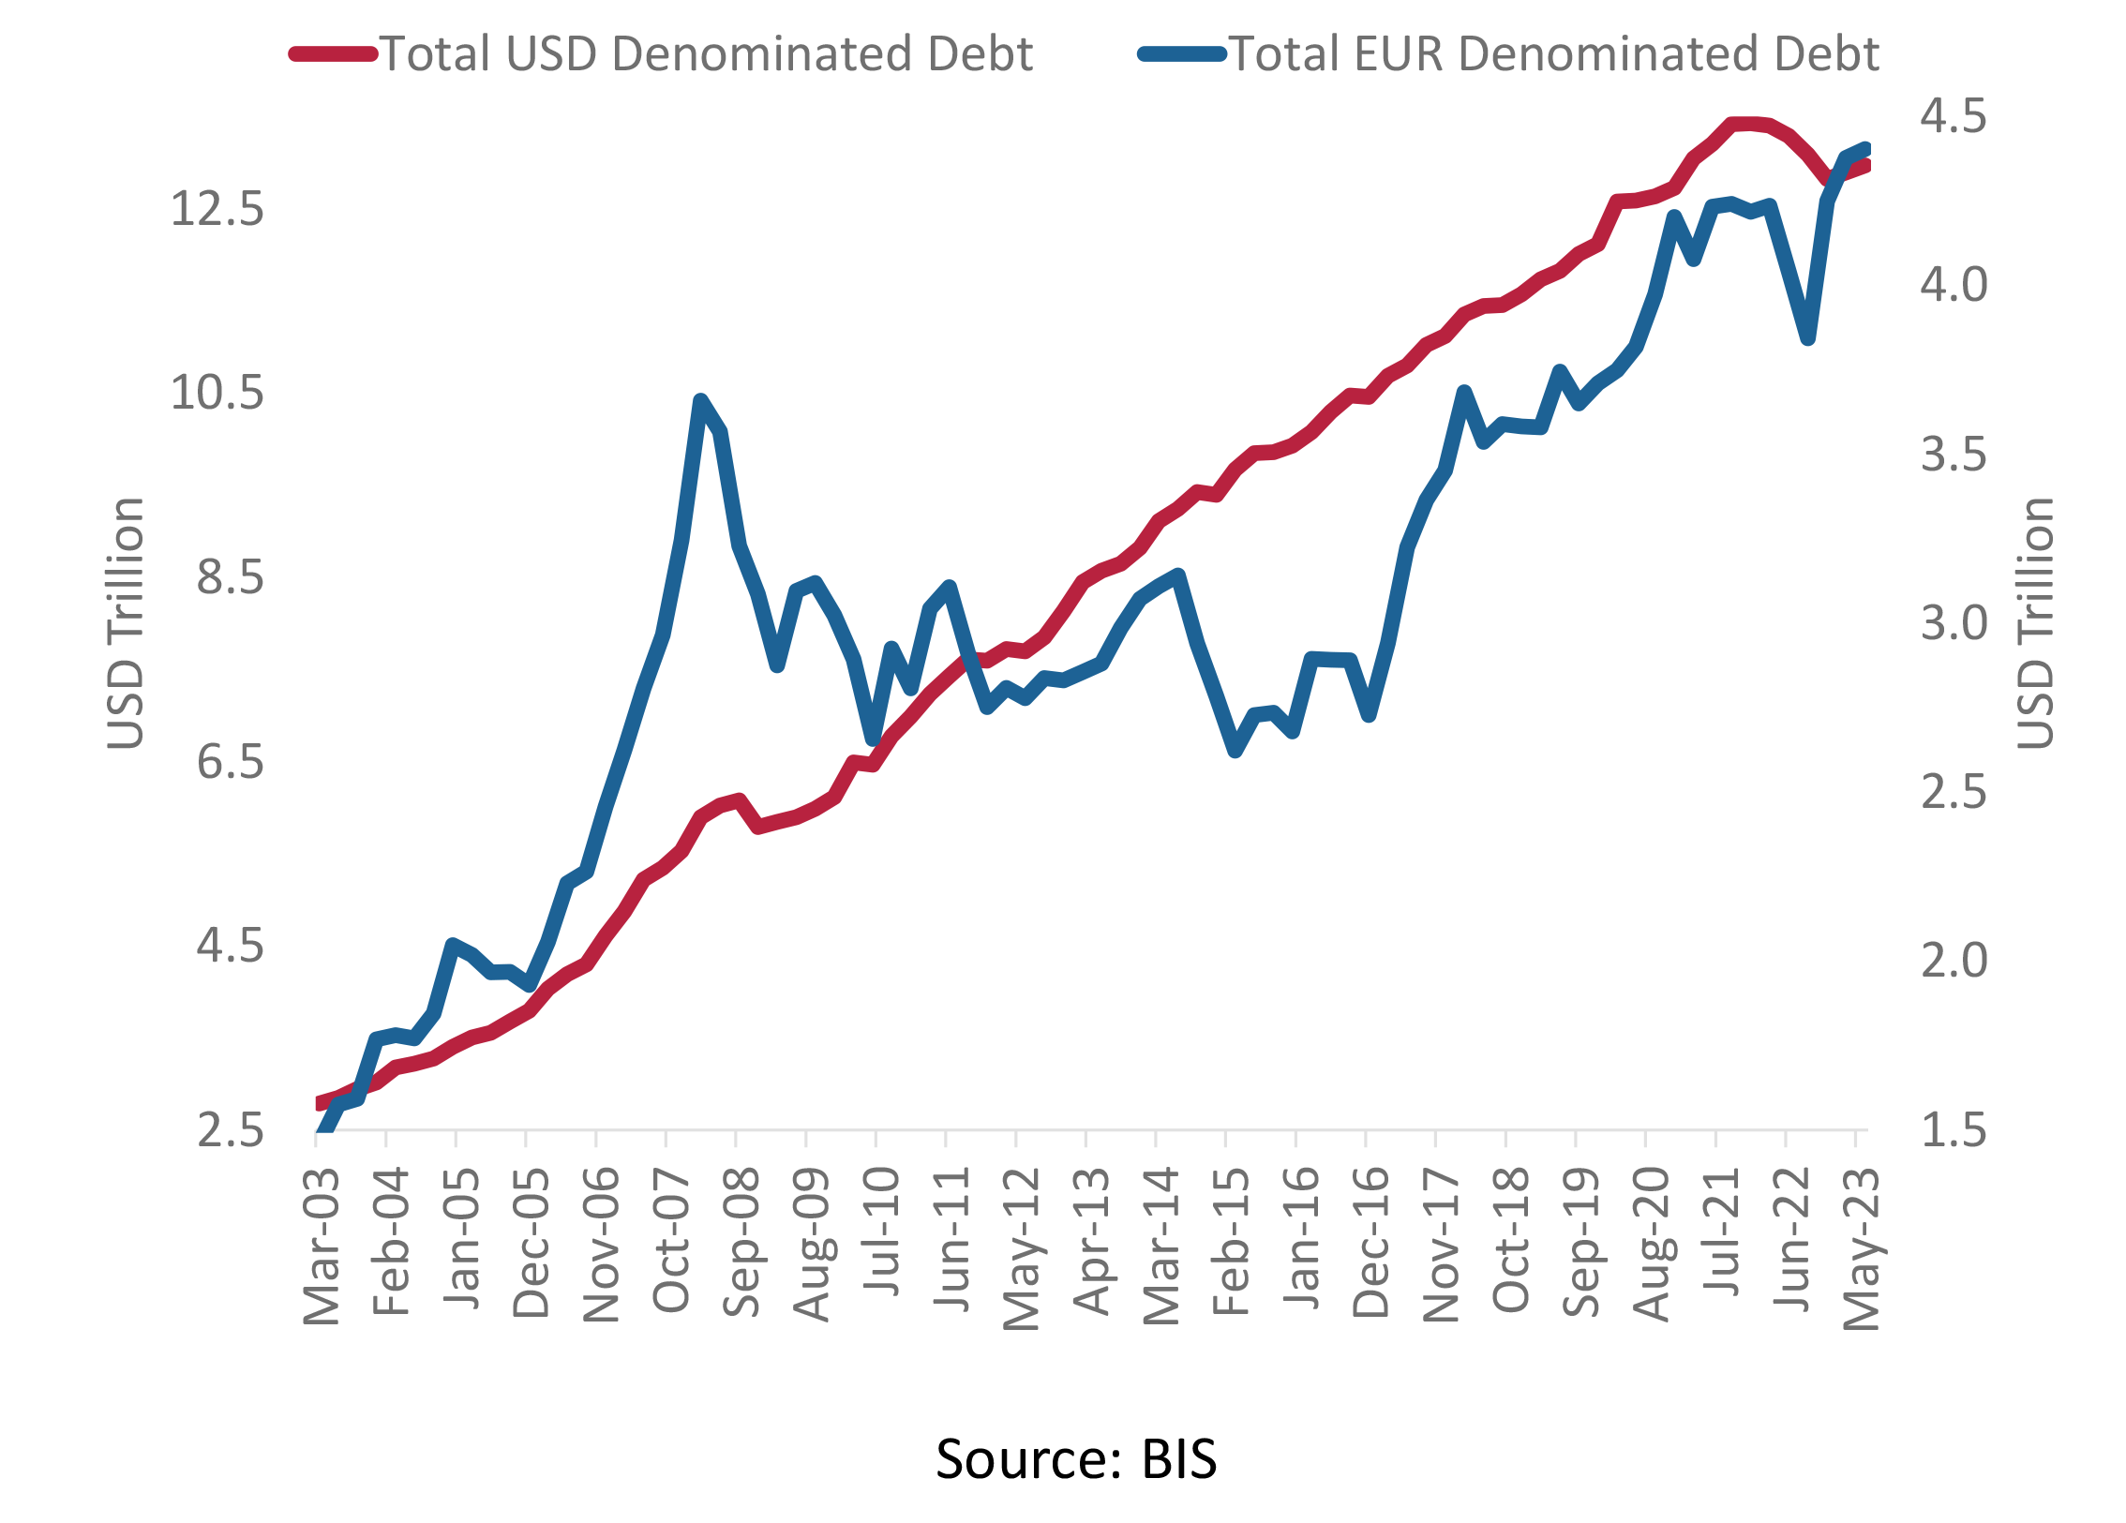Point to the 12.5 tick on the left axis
pos(217,208)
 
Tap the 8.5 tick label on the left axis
pos(231,577)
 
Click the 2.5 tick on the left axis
pos(231,1130)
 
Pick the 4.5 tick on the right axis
pos(1954,116)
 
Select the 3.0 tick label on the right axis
pos(1954,623)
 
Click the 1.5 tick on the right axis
pos(1954,1130)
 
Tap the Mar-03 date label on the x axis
pos(322,1247)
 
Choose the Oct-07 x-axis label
pos(671,1240)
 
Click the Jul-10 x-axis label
pos(881,1231)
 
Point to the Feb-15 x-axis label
pos(1231,1242)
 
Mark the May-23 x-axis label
pos(1861,1249)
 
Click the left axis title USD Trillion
pos(126,623)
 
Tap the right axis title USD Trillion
pos(2035,623)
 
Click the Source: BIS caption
pos(1076,1458)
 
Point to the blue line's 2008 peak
pos(700,401)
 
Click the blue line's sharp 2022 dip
pos(1808,337)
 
